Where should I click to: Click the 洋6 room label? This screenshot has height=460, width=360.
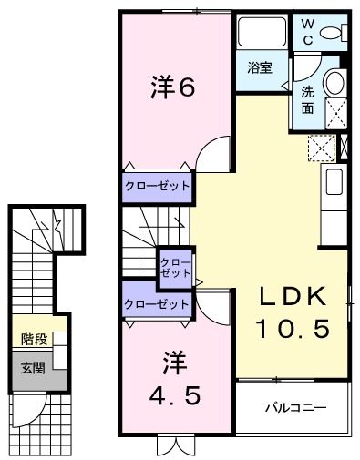click(173, 87)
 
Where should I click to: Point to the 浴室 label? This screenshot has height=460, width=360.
click(260, 67)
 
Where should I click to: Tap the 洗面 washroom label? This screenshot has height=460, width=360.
click(308, 99)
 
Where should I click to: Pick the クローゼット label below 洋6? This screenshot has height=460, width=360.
click(158, 186)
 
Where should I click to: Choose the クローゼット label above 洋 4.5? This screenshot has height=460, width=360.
click(158, 304)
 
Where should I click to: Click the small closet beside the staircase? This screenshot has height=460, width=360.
click(174, 267)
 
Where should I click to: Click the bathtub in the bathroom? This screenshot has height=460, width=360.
click(262, 35)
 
